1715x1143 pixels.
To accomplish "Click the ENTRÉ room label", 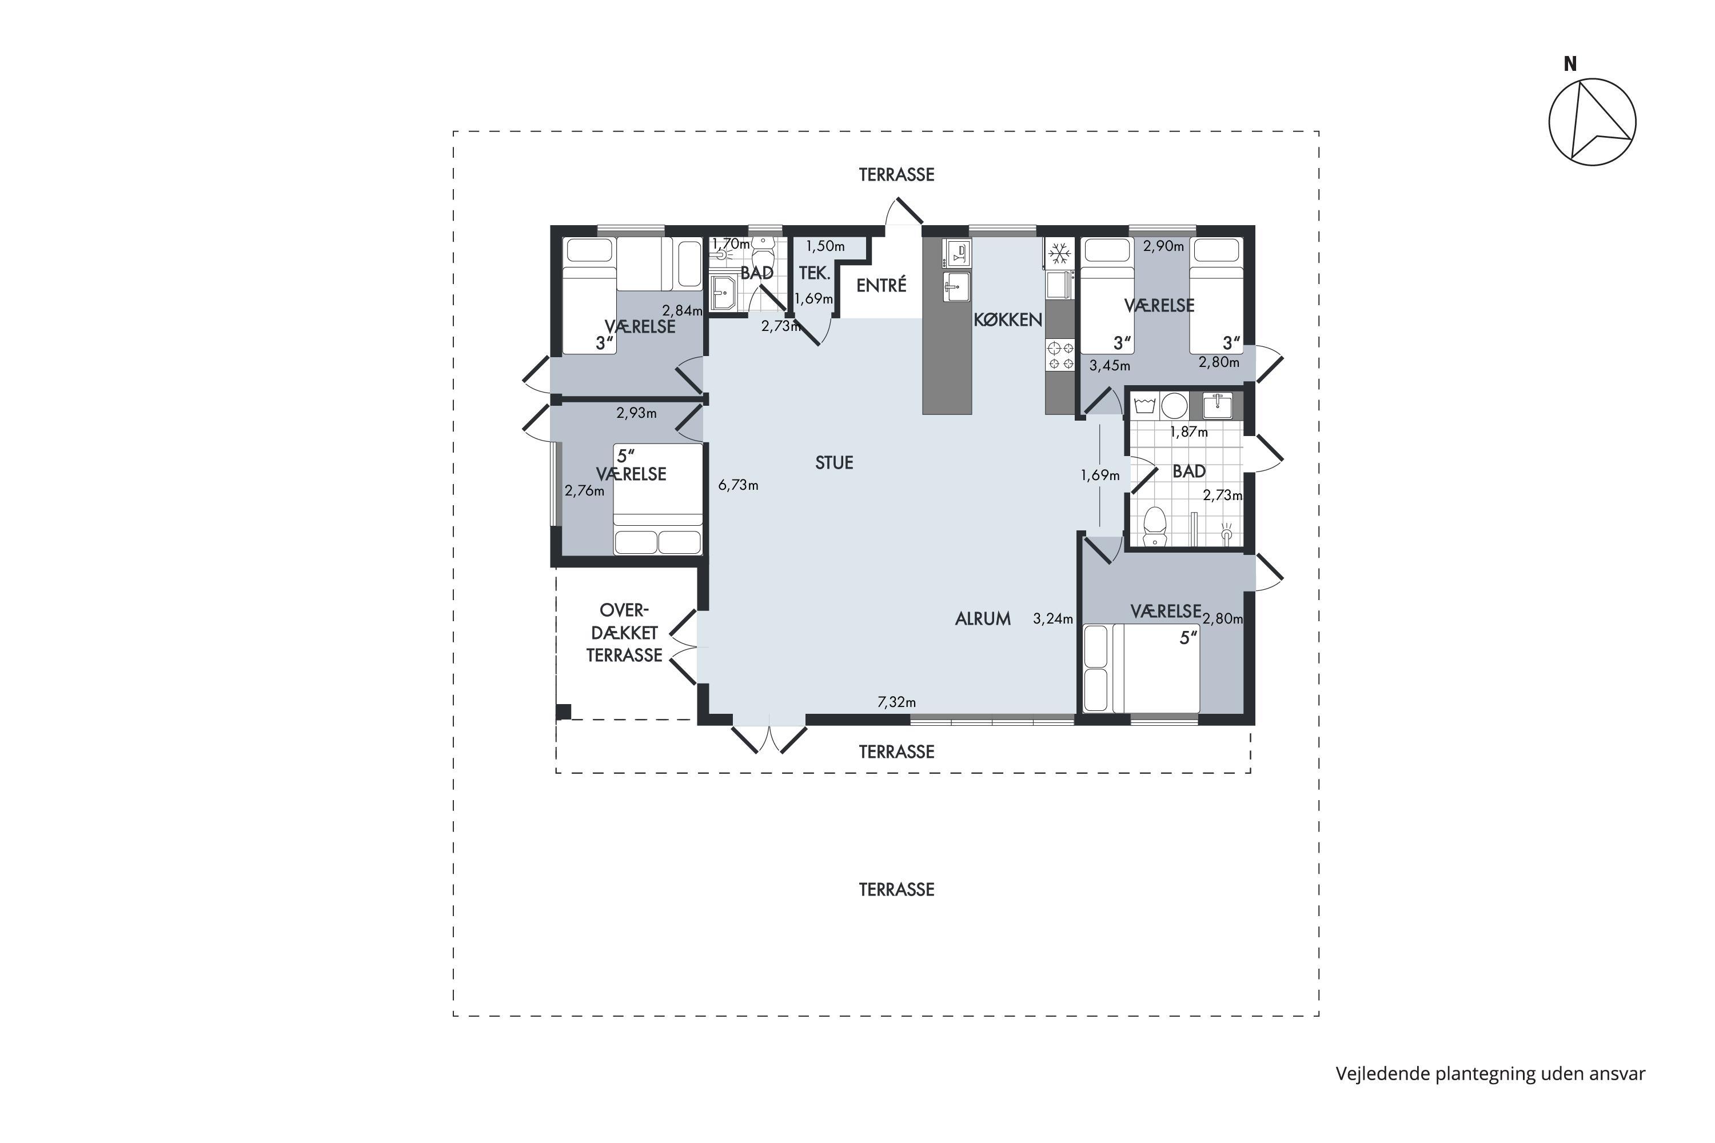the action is [x=881, y=285].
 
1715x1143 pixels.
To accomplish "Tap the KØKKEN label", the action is [x=1008, y=319].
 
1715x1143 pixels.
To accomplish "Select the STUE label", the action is [x=834, y=462].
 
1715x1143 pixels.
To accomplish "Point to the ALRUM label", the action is [x=983, y=619].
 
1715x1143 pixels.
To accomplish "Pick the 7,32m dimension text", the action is [x=896, y=702].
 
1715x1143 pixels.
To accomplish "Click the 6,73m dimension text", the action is [x=738, y=485].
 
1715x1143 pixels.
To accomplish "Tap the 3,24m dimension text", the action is [x=1053, y=619].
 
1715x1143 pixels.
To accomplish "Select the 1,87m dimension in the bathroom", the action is [x=1188, y=431].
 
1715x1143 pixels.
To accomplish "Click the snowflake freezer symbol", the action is [x=1059, y=254].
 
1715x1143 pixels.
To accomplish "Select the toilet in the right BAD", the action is [x=1154, y=527].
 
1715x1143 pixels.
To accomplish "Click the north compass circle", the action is [x=1593, y=122].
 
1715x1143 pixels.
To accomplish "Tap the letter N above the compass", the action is [x=1570, y=64].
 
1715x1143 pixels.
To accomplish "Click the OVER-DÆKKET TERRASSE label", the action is [x=624, y=633].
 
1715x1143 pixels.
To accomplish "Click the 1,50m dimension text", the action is [x=825, y=246].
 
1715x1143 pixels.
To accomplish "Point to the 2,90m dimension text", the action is [x=1164, y=246].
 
